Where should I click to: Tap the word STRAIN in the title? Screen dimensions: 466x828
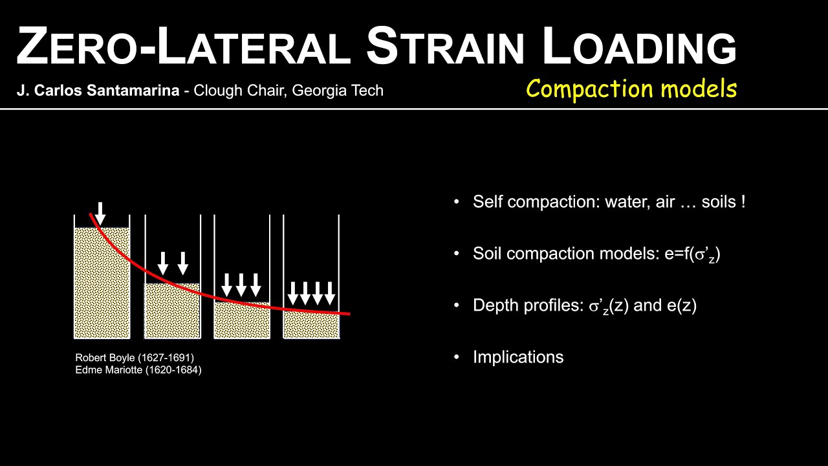pos(447,47)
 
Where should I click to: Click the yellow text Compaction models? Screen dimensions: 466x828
pos(631,89)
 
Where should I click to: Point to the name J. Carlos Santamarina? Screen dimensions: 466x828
pos(98,91)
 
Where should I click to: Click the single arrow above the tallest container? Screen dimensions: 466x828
pos(100,213)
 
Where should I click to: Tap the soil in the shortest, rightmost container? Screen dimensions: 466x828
pos(311,326)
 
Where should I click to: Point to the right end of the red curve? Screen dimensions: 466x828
pos(349,314)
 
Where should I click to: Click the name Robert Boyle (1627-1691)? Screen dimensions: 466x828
pos(135,357)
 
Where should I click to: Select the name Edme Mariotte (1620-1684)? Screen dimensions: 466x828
pos(138,370)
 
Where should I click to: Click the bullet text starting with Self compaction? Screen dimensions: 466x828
pos(608,202)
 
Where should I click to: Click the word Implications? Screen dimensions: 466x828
pos(517,357)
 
